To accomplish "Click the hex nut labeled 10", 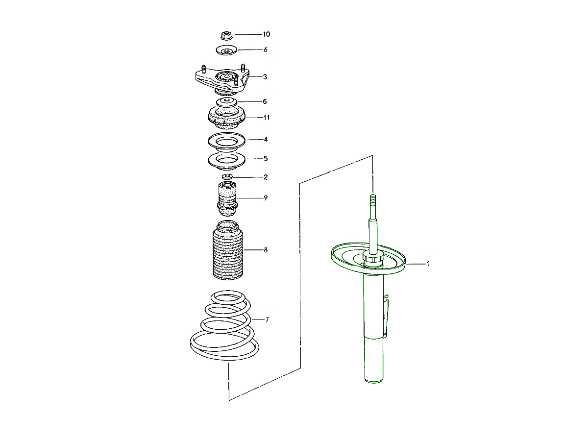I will [226, 35].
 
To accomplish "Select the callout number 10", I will [266, 34].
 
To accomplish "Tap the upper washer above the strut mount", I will [226, 50].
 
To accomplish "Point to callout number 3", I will [265, 77].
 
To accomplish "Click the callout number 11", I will [266, 118].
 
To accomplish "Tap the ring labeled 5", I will [226, 160].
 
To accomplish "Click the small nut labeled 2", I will [226, 176].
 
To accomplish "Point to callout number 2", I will [265, 177].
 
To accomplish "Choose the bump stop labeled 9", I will [226, 198].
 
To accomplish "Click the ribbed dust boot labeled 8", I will [227, 252].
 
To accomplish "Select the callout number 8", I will [265, 250].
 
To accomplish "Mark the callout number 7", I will [267, 319].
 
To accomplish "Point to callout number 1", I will [427, 264].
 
